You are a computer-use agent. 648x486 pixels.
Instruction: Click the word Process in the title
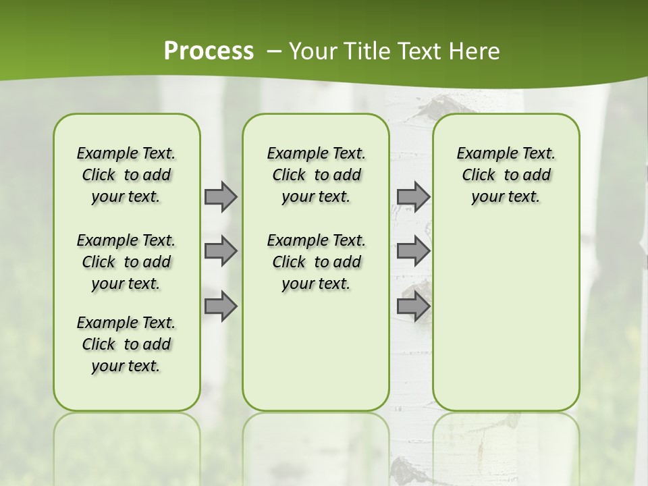tap(209, 51)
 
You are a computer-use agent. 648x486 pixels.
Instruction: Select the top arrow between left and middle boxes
tap(220, 196)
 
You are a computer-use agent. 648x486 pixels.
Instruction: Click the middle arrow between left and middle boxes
tap(220, 251)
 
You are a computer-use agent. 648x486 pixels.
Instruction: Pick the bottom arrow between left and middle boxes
tap(220, 306)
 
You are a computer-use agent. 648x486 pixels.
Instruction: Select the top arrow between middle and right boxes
tap(412, 196)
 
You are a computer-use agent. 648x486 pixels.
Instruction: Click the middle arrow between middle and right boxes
tap(412, 251)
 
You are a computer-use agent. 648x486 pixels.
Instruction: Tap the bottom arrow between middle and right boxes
tap(412, 306)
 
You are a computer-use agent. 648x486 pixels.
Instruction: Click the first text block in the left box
tap(126, 175)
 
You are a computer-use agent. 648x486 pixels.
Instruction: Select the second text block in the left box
tap(126, 262)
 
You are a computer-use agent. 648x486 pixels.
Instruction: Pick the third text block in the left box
tap(126, 344)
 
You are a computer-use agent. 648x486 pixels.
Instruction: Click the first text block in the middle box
tap(316, 175)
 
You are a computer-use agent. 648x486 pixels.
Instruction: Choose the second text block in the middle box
tap(316, 262)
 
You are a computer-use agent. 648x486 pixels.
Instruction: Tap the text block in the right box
tap(506, 175)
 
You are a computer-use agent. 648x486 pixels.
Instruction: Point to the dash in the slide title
tap(273, 51)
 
